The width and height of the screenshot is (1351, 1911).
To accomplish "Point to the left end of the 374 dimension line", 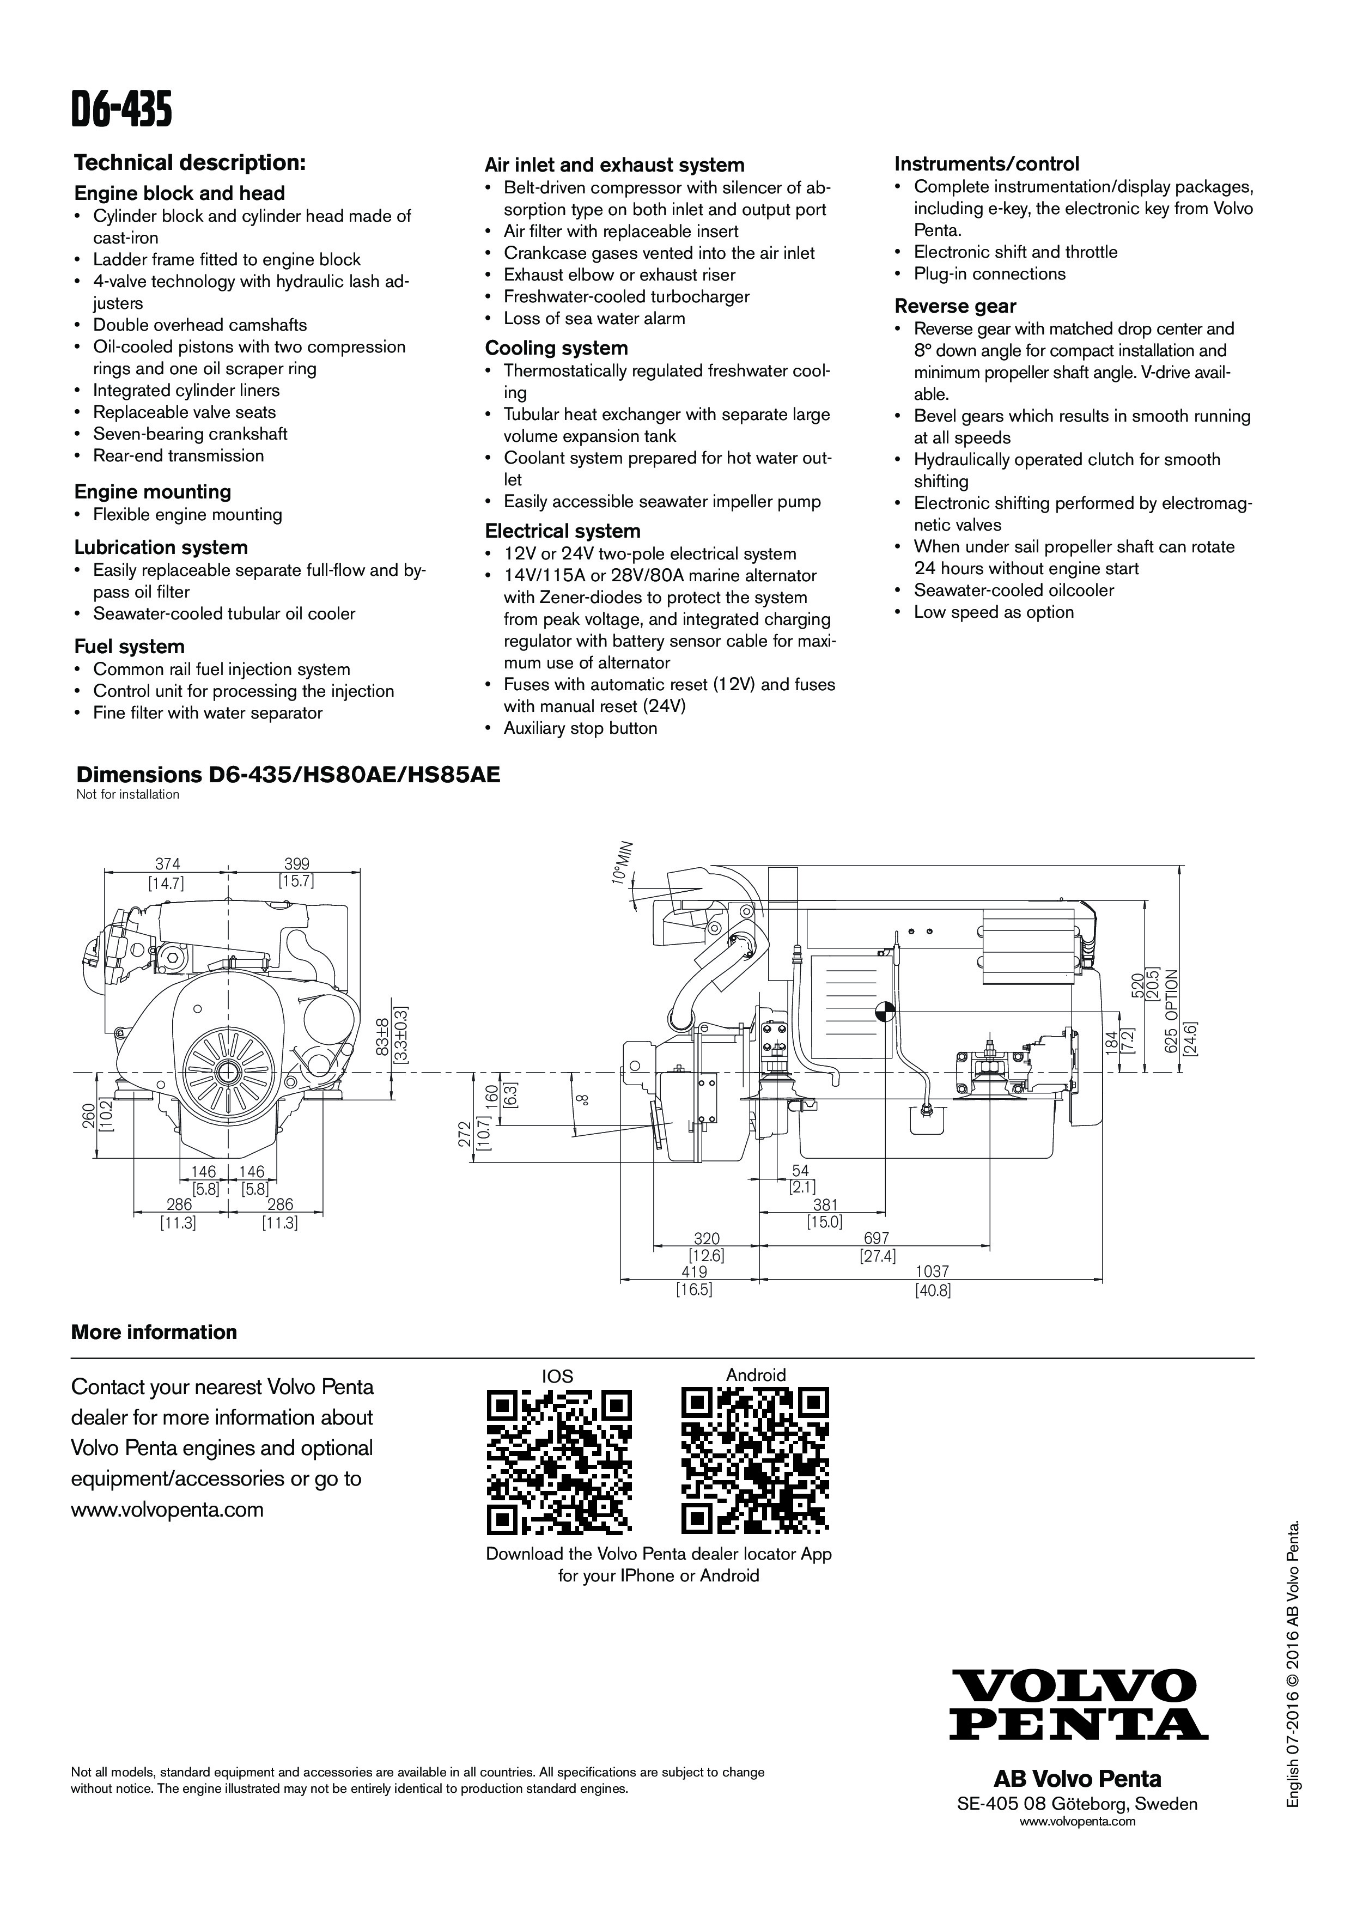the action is (106, 872).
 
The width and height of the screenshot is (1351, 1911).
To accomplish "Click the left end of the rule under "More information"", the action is (71, 1358).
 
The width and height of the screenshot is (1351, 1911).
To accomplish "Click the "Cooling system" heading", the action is (557, 348).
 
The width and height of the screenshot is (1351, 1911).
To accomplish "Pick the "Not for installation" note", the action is (127, 794).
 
